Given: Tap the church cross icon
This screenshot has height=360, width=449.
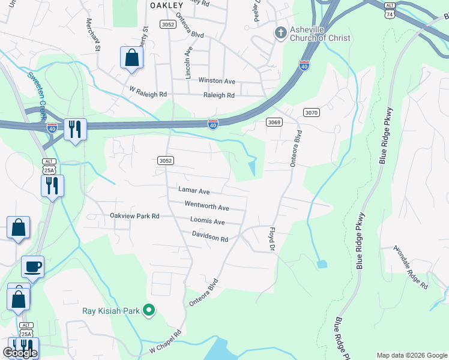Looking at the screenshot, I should coord(280,32).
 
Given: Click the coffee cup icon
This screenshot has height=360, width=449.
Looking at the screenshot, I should coord(32,266).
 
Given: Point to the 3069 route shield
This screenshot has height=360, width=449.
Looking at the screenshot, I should coord(274,122).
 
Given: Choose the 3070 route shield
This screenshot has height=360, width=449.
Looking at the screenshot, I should coord(311,112).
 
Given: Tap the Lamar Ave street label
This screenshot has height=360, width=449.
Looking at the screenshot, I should coord(194,190).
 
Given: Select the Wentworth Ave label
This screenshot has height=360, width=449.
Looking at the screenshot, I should coord(206,206).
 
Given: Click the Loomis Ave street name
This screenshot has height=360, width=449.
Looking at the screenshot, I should coord(207,221).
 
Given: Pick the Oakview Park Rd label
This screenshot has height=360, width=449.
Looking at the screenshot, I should coord(134,215).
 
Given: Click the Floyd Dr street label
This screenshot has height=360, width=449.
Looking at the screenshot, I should coord(271,238).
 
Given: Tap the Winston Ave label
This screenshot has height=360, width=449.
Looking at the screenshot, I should coord(217,80).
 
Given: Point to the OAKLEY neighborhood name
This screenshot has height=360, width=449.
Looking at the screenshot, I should coord(166,5).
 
